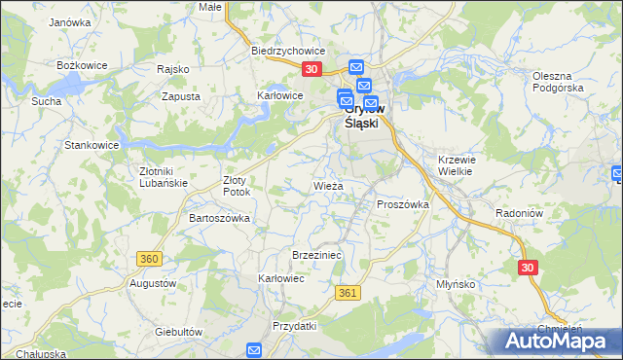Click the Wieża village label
327,184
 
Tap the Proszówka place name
403,204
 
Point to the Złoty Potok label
238,186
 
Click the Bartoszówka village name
219,218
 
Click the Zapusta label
181,97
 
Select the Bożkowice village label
80,64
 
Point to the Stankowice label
92,145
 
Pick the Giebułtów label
178,331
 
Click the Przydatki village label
295,326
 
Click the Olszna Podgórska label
558,82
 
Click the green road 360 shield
149,259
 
